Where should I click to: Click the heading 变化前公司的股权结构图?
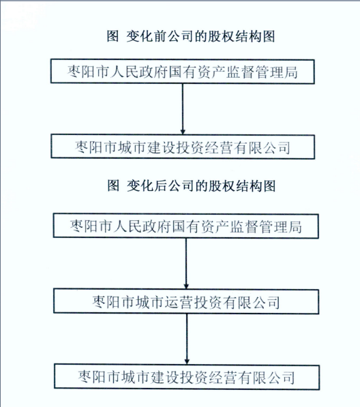click(x=200, y=36)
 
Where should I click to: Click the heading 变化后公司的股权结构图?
click(x=201, y=186)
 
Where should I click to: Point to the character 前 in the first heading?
click(x=160, y=36)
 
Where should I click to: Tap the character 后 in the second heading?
click(x=161, y=186)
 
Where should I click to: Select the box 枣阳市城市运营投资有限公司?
click(x=186, y=301)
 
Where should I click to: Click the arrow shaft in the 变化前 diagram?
click(x=183, y=109)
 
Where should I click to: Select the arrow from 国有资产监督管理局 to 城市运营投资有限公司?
click(x=186, y=263)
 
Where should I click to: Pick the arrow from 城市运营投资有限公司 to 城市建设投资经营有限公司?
click(x=187, y=339)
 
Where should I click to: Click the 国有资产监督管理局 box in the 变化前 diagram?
click(x=183, y=72)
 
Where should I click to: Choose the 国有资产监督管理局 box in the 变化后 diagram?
click(x=186, y=226)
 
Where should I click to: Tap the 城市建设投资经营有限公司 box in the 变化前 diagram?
click(x=183, y=147)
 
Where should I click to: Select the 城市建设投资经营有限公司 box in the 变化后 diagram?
click(x=187, y=377)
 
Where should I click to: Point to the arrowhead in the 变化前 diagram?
click(x=183, y=132)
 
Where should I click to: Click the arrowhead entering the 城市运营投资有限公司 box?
click(x=186, y=286)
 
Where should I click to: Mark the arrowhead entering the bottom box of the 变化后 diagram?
click(x=187, y=361)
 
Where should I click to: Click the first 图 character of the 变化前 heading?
click(x=112, y=36)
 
